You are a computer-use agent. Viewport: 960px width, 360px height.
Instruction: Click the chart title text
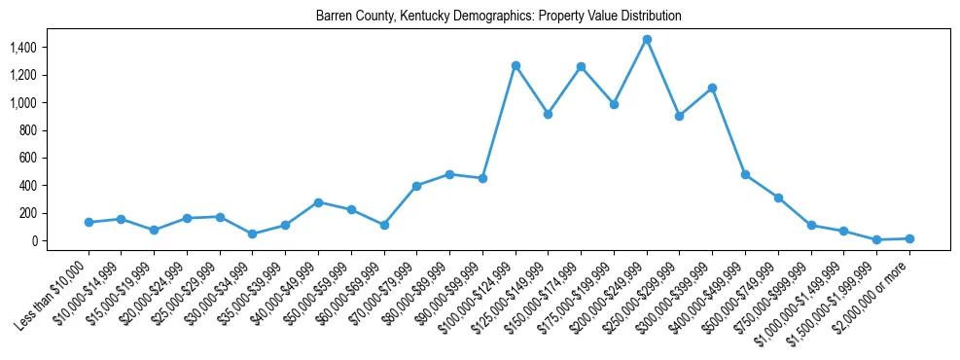click(x=498, y=17)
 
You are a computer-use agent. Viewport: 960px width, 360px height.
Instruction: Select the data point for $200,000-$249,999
click(x=647, y=39)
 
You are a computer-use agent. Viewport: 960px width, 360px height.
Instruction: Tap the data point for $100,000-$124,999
click(x=516, y=65)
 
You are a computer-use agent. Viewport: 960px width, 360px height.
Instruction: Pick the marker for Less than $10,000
click(x=89, y=222)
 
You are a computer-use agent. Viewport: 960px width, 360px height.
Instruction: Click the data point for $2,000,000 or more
click(x=909, y=238)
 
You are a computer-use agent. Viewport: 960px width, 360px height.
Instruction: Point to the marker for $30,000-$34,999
click(x=253, y=234)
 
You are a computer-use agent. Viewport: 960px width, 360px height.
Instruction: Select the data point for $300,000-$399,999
click(x=712, y=88)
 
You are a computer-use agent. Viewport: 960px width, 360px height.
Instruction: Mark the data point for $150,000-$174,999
click(x=581, y=66)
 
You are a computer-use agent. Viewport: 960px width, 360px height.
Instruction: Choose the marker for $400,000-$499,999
click(x=745, y=174)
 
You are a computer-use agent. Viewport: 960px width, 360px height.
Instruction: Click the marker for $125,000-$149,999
click(x=549, y=114)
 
